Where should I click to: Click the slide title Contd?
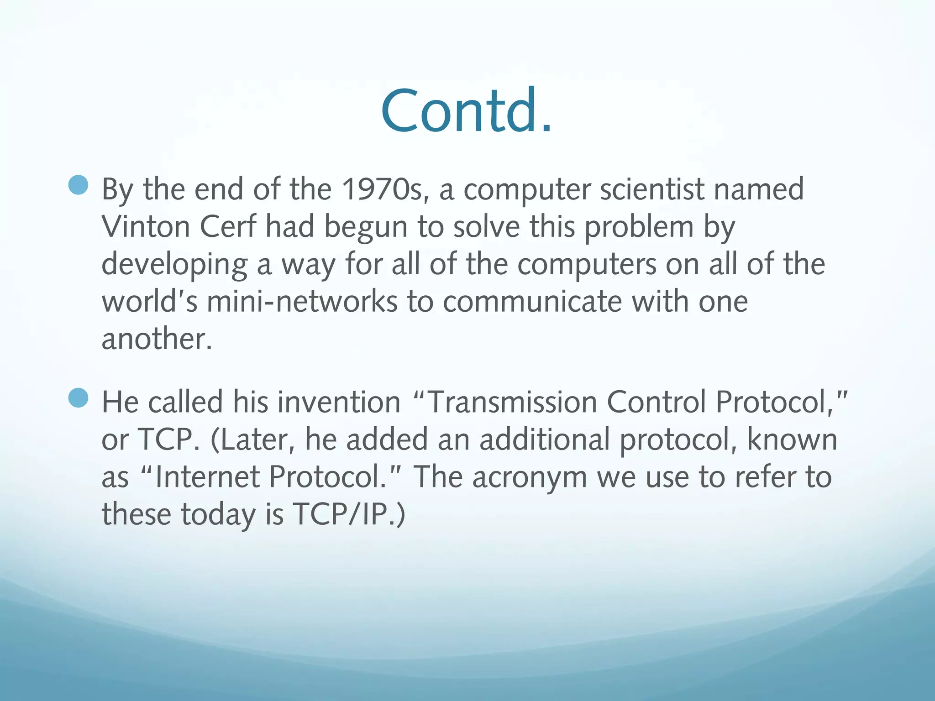pos(467,111)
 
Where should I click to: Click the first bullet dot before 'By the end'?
pos(78,185)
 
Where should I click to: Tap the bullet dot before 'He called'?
pos(78,398)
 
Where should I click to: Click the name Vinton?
pos(146,227)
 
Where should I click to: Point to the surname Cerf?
pos(228,227)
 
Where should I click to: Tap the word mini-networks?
pos(302,302)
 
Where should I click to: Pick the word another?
pos(157,339)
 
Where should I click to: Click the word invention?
pos(339,402)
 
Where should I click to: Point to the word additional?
pos(544,439)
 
